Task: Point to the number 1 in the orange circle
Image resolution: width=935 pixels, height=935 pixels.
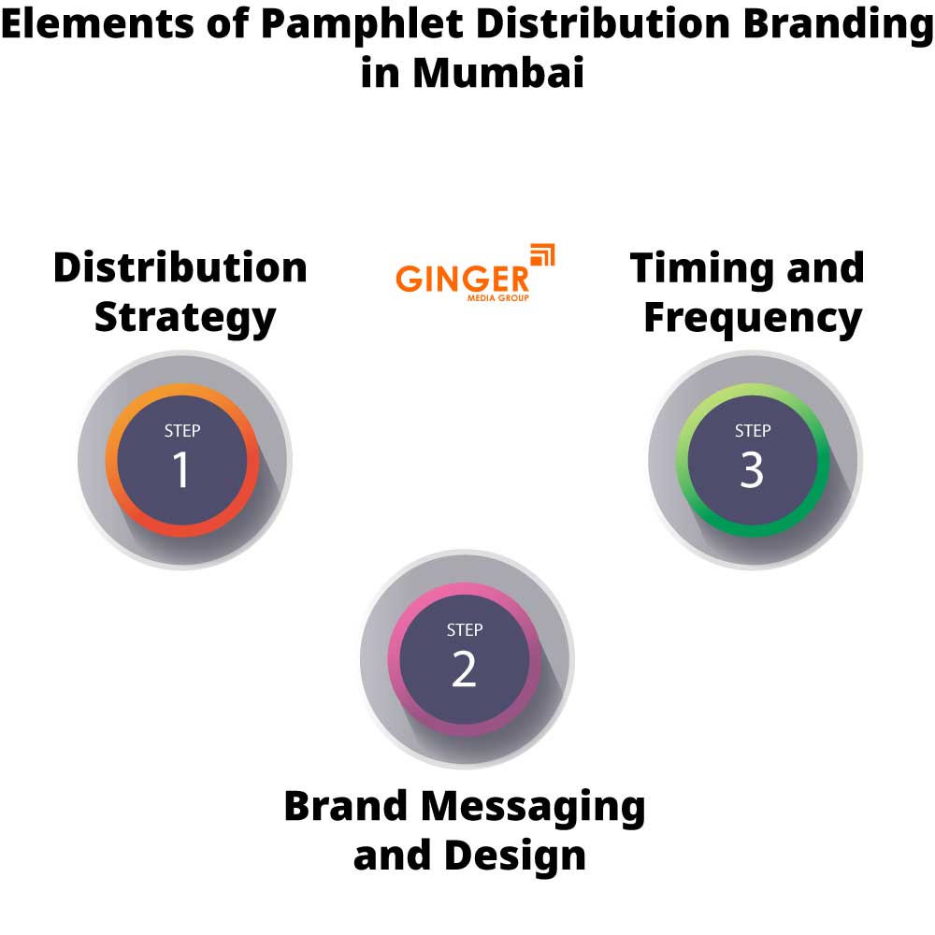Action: (181, 470)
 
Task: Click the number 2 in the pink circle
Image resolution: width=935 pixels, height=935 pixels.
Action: (464, 669)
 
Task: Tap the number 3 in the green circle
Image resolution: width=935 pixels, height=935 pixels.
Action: (752, 470)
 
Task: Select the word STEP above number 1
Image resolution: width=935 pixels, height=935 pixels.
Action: (181, 431)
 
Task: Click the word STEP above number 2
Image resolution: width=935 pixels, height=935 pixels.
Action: (464, 630)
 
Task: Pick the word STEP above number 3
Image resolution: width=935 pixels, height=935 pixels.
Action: (752, 431)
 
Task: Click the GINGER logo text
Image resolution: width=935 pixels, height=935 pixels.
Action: (462, 279)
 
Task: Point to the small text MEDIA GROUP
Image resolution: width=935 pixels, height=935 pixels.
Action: (497, 298)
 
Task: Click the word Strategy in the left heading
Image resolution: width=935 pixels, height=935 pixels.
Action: (185, 319)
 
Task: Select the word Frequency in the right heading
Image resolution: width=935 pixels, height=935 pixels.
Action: (752, 319)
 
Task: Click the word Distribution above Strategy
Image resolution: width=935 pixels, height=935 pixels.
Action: (180, 268)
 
